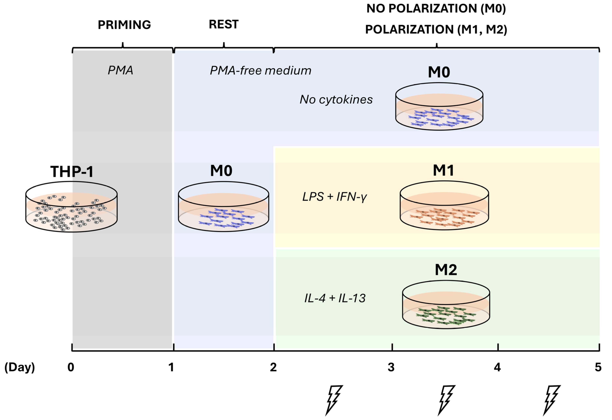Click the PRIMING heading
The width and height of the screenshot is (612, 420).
coord(124,25)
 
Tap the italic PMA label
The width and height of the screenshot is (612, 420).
coord(120,70)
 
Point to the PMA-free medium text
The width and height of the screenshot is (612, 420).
coord(260,71)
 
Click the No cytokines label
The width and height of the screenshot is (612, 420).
coord(336,100)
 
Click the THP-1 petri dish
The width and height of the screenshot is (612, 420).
coord(71,207)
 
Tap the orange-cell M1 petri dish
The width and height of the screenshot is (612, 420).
coord(444,205)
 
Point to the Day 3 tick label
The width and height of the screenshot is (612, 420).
coord(391,367)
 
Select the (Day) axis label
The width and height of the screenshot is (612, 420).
coord(20,367)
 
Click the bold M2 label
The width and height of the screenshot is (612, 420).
coord(446,270)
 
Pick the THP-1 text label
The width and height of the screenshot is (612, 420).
coord(72,172)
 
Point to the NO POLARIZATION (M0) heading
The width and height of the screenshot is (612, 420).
coord(436,9)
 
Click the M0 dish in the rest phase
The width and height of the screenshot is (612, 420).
coord(224,207)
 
